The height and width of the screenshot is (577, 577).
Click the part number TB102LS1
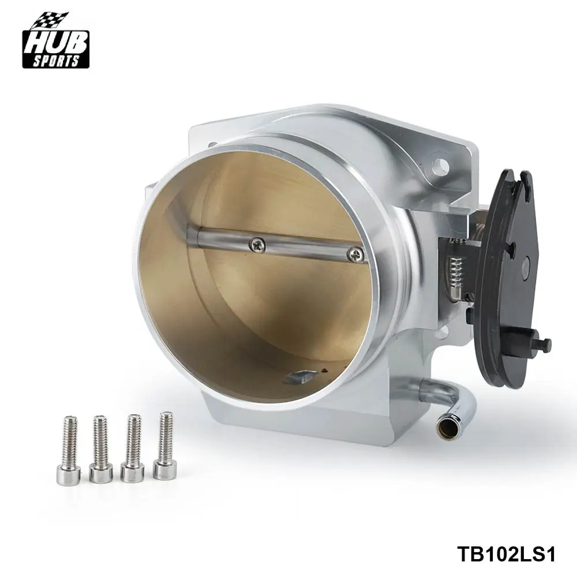pos(506,554)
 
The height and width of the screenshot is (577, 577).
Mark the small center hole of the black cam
pos(525,266)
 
